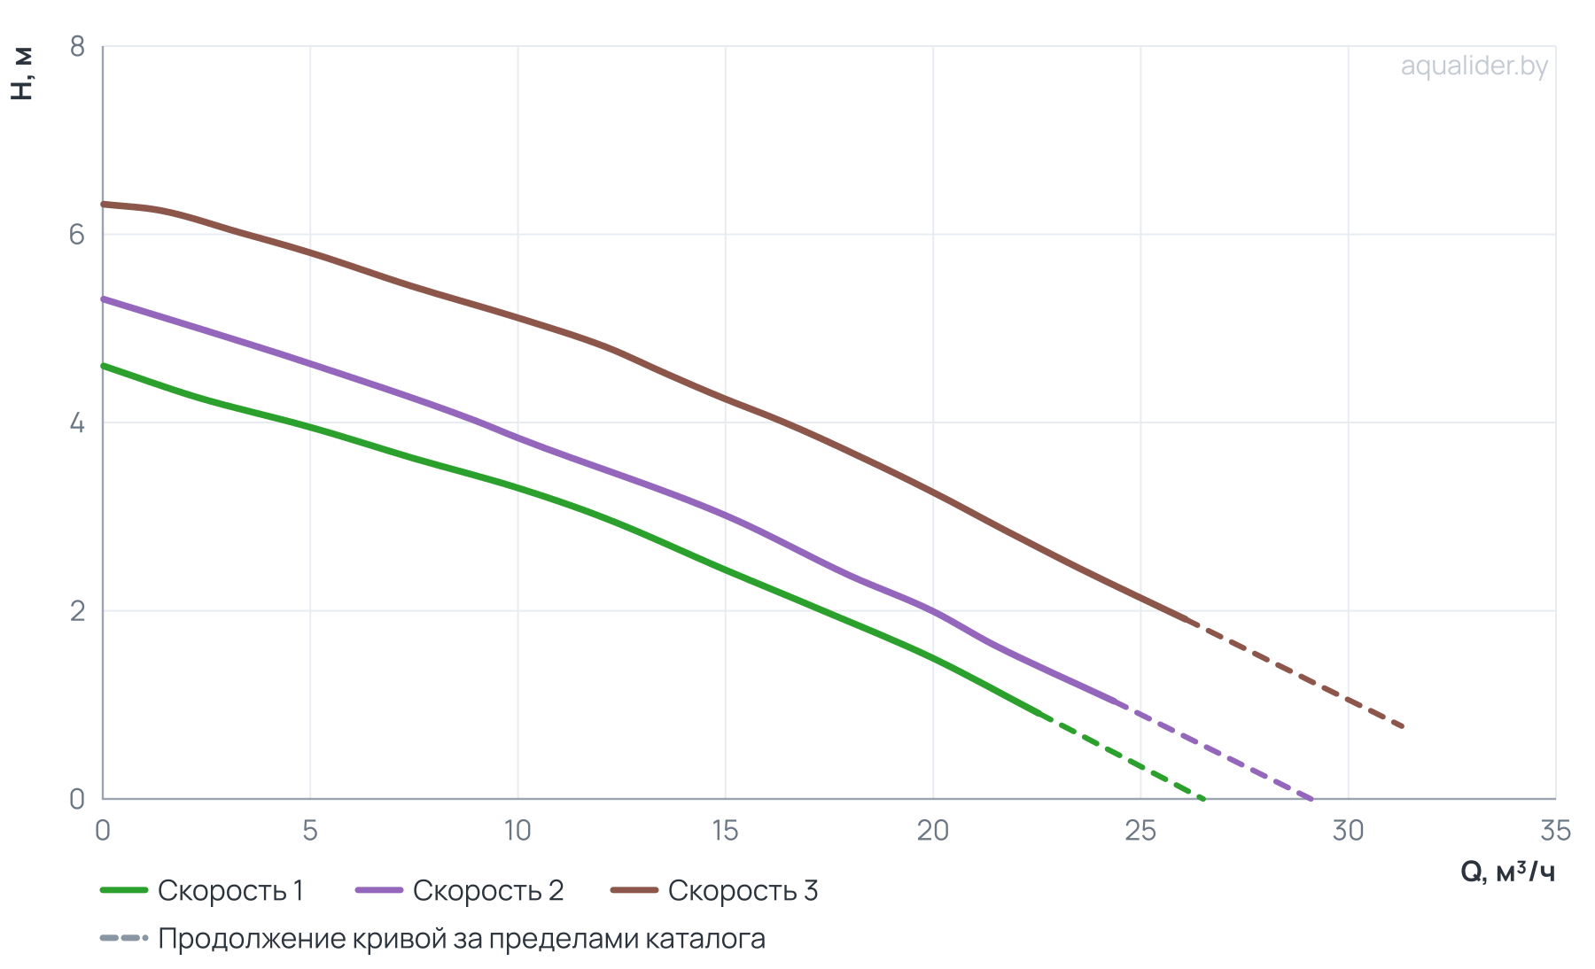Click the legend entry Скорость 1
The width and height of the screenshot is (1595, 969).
202,890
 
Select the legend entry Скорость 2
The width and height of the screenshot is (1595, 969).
460,890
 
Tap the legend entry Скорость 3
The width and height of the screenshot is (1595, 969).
715,890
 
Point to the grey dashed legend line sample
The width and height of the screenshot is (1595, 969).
123,938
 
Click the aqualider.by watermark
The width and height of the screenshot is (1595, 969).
1474,66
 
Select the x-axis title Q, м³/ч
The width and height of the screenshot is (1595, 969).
1507,872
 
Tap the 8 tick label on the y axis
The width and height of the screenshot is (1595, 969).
78,46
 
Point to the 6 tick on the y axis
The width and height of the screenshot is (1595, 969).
78,235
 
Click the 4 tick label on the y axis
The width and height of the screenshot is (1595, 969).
78,422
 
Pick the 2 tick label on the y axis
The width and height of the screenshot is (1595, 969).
78,611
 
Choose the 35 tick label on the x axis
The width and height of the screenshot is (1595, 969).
1555,830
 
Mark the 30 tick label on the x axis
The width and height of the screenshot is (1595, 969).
1348,830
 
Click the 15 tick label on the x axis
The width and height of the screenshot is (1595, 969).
725,830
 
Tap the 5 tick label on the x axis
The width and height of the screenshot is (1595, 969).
310,830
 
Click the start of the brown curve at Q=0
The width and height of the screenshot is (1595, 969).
104,204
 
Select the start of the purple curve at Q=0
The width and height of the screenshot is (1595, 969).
104,299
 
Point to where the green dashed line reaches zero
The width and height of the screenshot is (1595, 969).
1203,798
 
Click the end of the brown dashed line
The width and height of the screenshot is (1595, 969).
1404,726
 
